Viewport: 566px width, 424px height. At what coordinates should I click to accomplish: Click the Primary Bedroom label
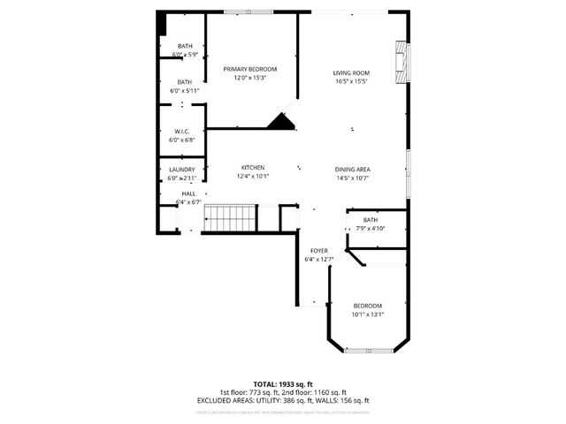(249, 69)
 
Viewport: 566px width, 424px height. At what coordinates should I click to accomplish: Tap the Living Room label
(351, 72)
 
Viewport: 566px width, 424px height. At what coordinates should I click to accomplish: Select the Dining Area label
(352, 169)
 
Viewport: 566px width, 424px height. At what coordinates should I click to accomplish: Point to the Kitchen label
(254, 167)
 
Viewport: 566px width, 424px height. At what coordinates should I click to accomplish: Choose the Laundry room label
(182, 170)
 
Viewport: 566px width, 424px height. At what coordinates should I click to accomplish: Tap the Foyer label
(318, 250)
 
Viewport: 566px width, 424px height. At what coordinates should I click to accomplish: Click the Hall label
(189, 193)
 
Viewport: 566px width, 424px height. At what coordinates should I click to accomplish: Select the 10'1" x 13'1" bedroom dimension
(368, 314)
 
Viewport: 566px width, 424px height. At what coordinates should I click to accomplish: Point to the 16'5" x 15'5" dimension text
(351, 81)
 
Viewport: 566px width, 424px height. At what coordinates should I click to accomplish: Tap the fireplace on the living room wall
(403, 62)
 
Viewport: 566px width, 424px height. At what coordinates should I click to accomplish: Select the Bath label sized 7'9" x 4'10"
(370, 220)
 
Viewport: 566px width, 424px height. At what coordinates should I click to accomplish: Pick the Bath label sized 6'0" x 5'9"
(185, 46)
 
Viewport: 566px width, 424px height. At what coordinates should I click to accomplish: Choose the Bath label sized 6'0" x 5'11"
(184, 81)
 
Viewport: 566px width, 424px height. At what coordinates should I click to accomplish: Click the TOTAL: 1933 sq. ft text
(282, 383)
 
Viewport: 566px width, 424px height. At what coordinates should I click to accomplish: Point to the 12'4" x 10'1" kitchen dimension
(253, 176)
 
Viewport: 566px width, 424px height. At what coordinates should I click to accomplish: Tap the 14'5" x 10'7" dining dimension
(352, 178)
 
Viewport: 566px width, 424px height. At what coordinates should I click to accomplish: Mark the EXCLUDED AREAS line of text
(282, 400)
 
